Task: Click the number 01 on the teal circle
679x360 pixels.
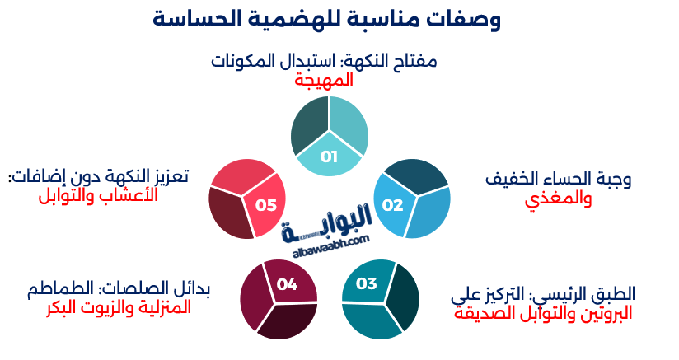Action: click(329, 157)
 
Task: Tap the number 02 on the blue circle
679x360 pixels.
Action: click(393, 204)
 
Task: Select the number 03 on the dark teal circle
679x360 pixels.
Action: click(367, 284)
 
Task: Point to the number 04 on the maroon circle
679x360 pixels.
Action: click(287, 284)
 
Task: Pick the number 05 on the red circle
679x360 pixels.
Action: click(265, 204)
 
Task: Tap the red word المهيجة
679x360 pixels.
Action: click(324, 80)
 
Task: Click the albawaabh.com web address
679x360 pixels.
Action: click(325, 244)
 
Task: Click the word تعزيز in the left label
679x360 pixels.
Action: click(170, 176)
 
